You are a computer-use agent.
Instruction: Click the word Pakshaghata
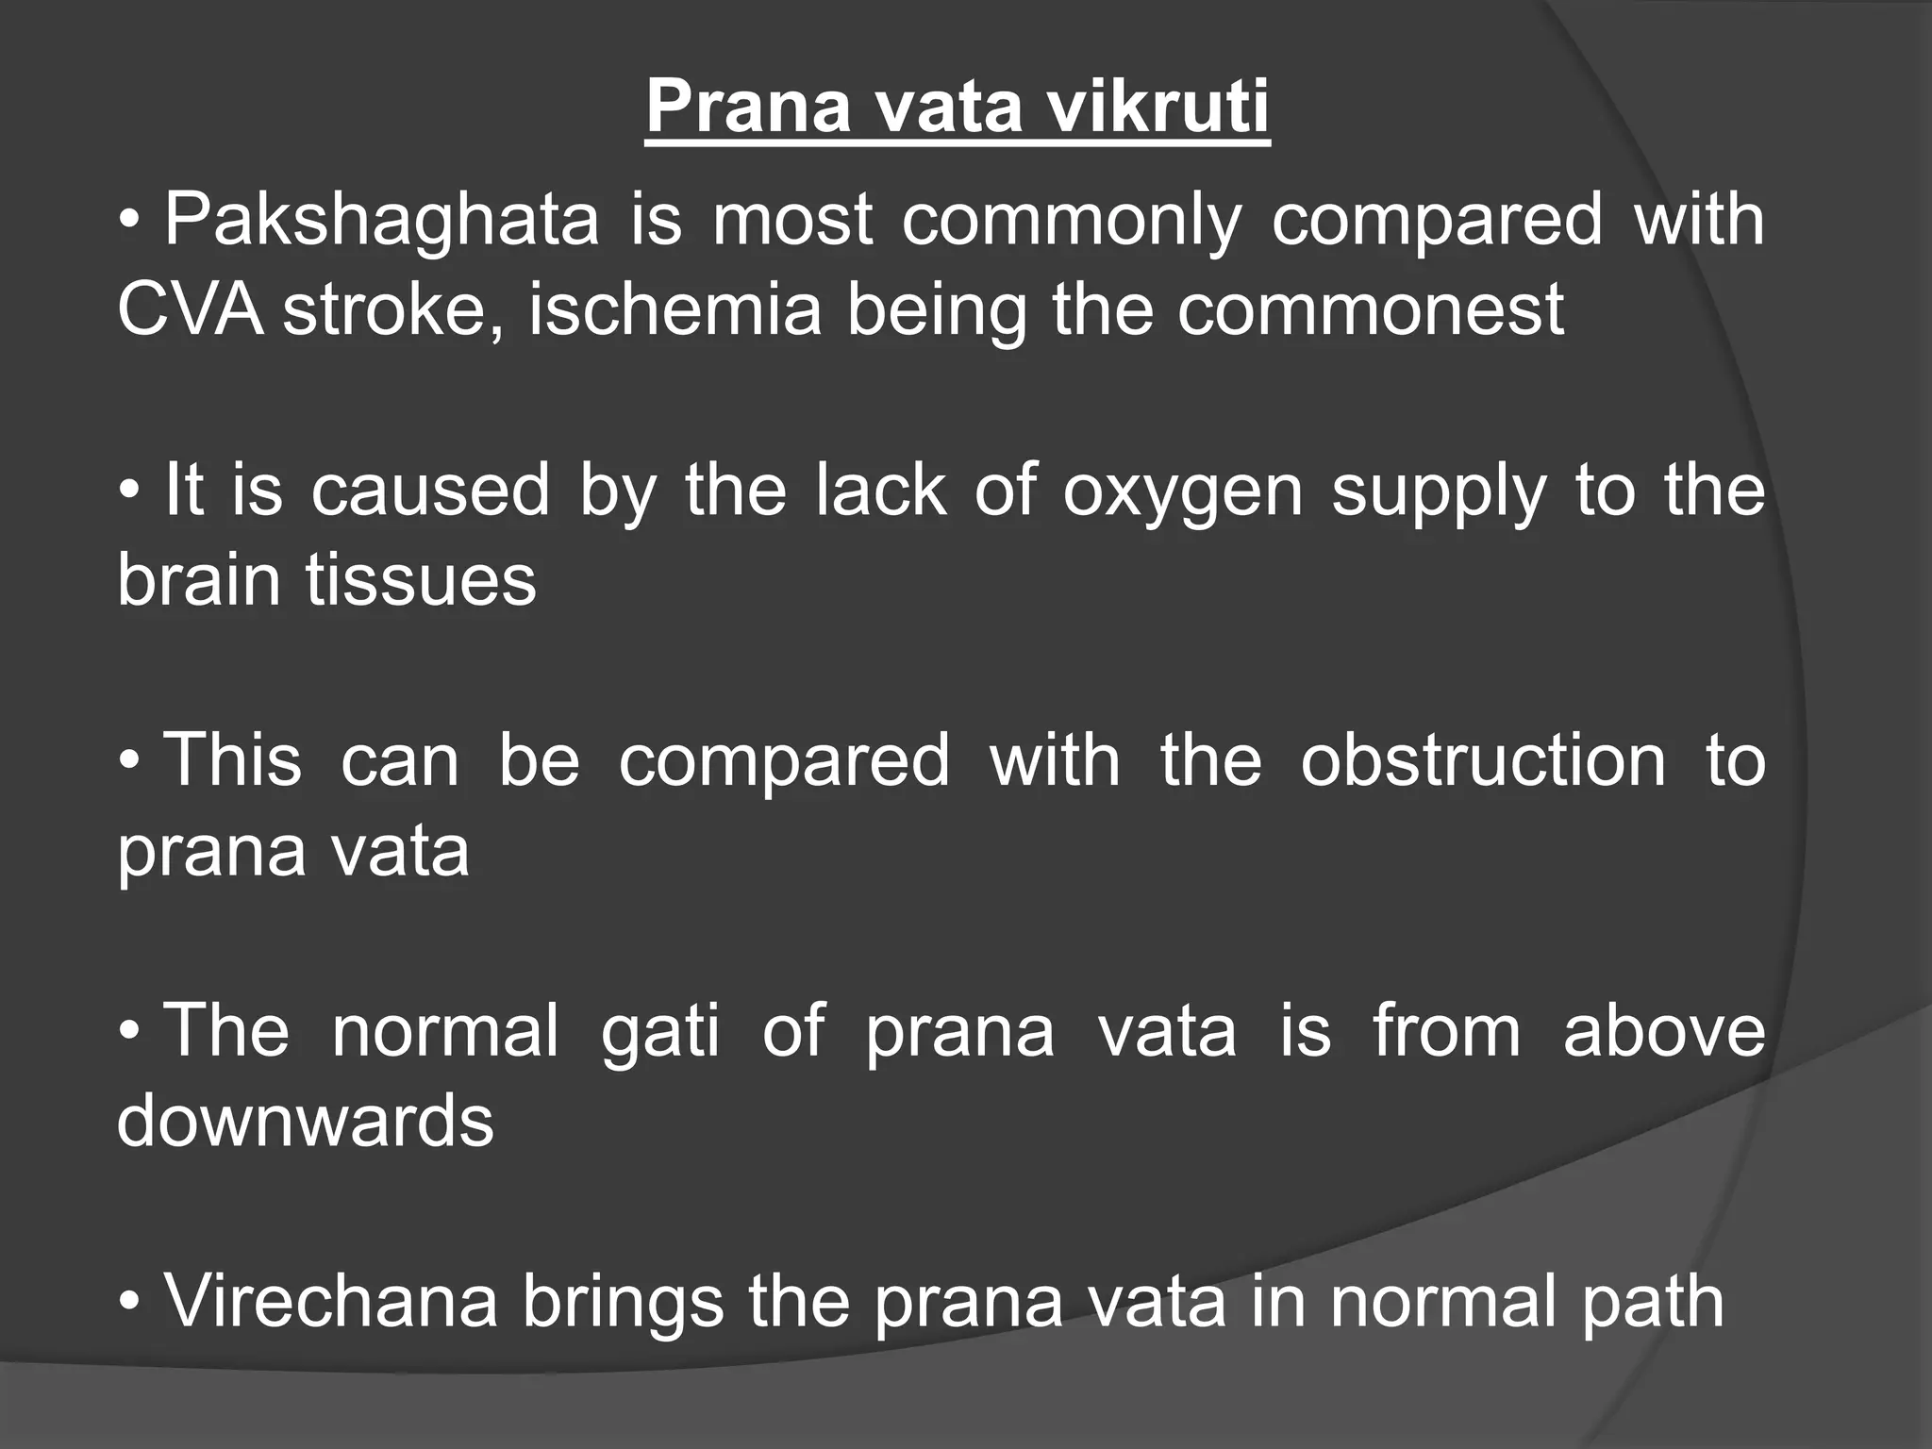pyautogui.click(x=381, y=221)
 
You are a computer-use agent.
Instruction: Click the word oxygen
pyautogui.click(x=1183, y=492)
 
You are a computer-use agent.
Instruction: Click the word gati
pyautogui.click(x=659, y=1030)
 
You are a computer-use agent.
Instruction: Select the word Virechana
pyautogui.click(x=330, y=1302)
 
